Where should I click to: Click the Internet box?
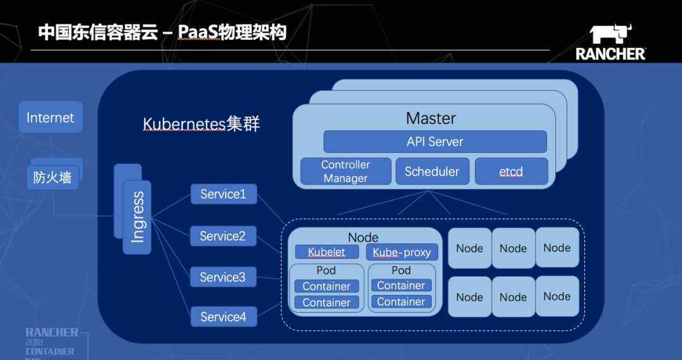pos(51,117)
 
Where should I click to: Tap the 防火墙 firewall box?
pos(52,177)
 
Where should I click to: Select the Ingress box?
pos(137,217)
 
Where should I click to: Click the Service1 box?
pos(224,194)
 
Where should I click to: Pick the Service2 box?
pos(223,236)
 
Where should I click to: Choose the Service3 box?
pos(223,277)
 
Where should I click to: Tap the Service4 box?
pos(224,316)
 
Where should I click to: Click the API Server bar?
pos(435,141)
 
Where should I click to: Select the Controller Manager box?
pos(346,171)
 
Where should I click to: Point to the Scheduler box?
pos(433,171)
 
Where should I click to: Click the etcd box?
pos(511,171)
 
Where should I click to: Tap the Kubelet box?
pos(327,252)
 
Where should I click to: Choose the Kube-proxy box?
pos(402,252)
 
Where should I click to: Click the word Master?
pos(431,118)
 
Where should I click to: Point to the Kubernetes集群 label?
pos(201,124)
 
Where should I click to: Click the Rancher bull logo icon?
pos(611,34)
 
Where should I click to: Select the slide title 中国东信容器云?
pos(98,33)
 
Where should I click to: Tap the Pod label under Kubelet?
pos(326,270)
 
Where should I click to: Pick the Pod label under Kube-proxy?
pos(401,270)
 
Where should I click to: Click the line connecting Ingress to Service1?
pos(171,206)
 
